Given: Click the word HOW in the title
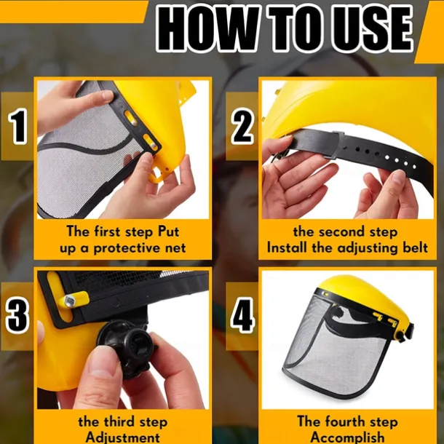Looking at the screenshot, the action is coord(208,28).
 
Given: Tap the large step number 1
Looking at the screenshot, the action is coord(18,127).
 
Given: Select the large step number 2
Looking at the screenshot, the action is coord(242,127).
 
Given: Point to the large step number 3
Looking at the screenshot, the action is coord(17,315).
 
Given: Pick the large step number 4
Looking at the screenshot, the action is coord(242,315).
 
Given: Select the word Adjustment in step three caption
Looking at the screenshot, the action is coord(122,437).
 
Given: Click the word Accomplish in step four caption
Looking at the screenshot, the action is coord(348,437).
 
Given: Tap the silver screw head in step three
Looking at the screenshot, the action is coord(69,301).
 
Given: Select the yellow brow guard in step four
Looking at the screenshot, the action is coord(368,297).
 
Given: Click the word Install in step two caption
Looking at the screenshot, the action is coord(287,247).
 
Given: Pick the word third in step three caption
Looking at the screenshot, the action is coord(119,421).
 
